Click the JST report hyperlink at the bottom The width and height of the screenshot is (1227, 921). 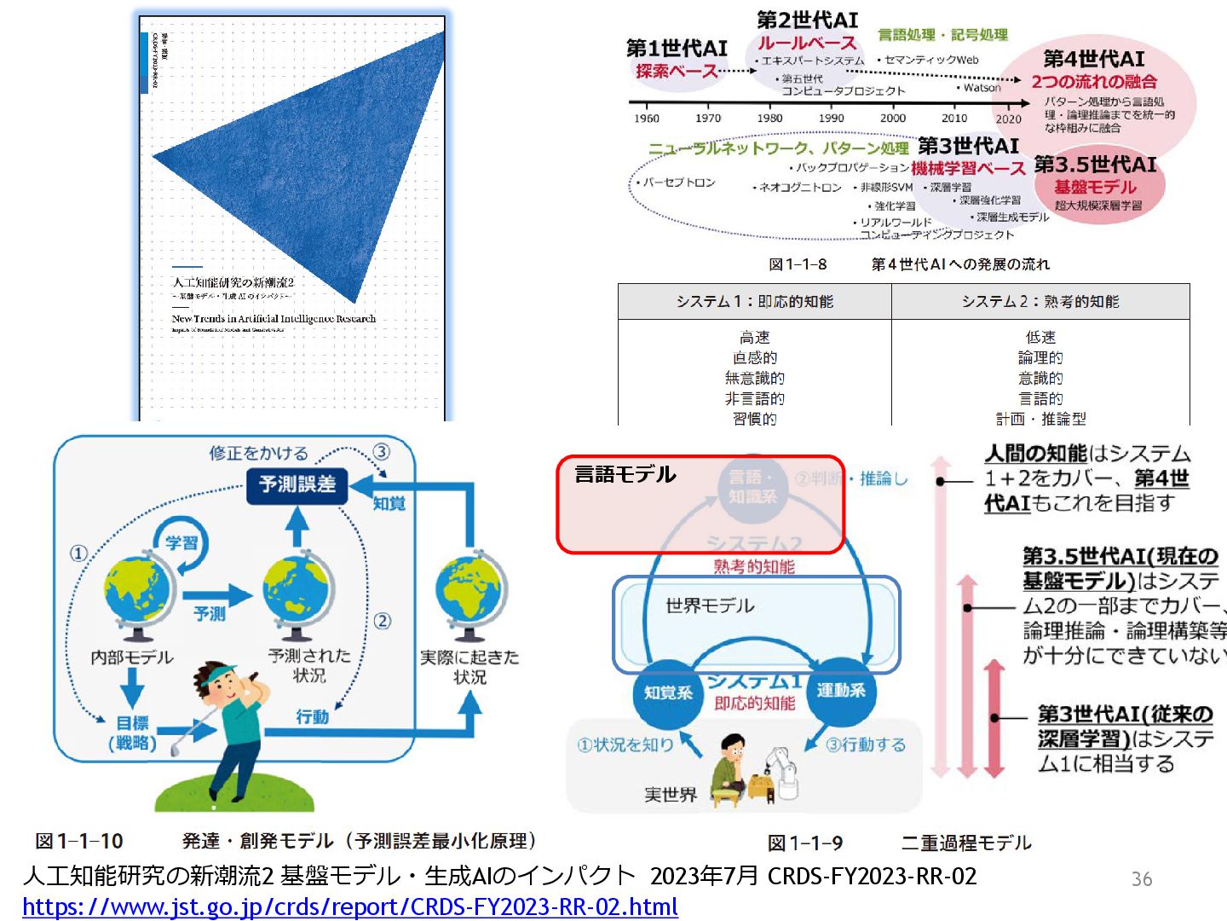pyautogui.click(x=349, y=907)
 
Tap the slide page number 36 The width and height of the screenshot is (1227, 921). pyautogui.click(x=1141, y=878)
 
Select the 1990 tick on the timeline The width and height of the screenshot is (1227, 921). pyautogui.click(x=831, y=119)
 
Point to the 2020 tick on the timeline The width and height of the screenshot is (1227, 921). pyautogui.click(x=1008, y=119)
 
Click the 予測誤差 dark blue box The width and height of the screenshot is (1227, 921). pyautogui.click(x=297, y=484)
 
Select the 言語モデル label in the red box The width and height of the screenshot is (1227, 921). pyautogui.click(x=625, y=474)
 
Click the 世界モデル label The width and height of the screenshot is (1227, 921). pyautogui.click(x=710, y=605)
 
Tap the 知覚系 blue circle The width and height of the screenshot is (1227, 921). pyautogui.click(x=668, y=692)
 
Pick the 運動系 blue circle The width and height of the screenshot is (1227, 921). pyautogui.click(x=840, y=690)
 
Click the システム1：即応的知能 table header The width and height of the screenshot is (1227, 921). pyautogui.click(x=754, y=302)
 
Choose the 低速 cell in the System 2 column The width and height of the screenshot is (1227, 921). pyautogui.click(x=1040, y=337)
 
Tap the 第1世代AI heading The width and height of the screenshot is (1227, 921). pyautogui.click(x=677, y=49)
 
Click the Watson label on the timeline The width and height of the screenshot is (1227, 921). pyautogui.click(x=982, y=87)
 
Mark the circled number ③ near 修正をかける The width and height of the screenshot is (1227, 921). pyautogui.click(x=381, y=452)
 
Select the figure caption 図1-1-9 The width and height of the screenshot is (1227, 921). pyautogui.click(x=804, y=843)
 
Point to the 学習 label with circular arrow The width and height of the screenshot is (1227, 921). pyautogui.click(x=181, y=543)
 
